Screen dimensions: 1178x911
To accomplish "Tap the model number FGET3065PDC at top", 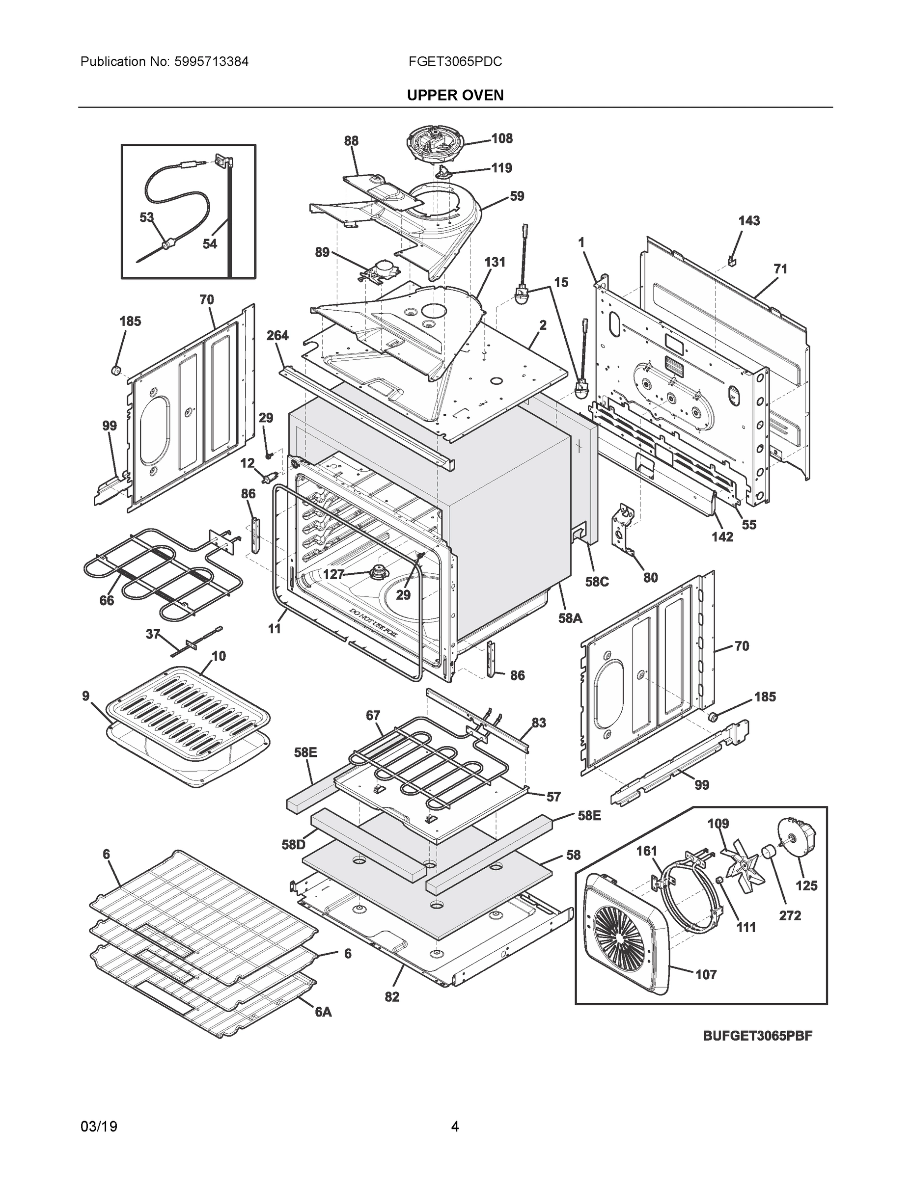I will [x=455, y=62].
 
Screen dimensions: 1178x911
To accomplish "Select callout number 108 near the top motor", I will [x=501, y=138].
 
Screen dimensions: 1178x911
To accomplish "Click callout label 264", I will [x=277, y=336].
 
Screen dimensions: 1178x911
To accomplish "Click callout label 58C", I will [x=597, y=582].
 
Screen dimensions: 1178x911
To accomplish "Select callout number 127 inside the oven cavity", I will [x=333, y=574].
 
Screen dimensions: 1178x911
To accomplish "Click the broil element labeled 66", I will [x=162, y=572].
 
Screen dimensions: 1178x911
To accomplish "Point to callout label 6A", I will [x=323, y=1013].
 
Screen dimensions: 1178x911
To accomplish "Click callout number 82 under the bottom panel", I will [x=392, y=997].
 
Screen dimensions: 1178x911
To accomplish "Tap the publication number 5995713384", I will [x=211, y=62].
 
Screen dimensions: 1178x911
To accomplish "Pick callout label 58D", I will [x=293, y=845].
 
